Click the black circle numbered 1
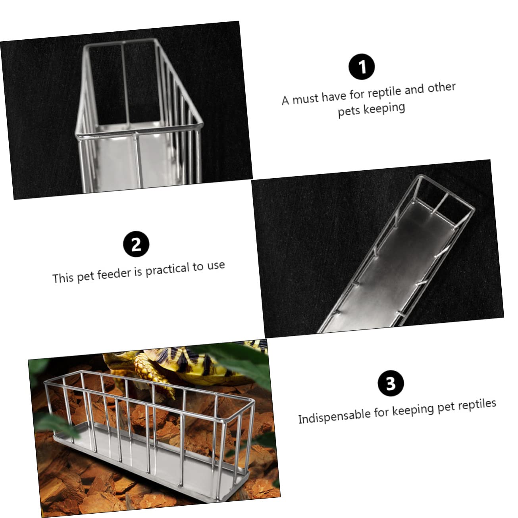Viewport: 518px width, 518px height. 362,67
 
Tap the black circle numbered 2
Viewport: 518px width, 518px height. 136,244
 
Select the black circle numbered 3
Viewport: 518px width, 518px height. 391,383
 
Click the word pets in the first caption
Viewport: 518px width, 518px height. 349,111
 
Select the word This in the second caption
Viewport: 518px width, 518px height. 63,278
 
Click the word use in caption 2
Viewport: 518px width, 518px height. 216,266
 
